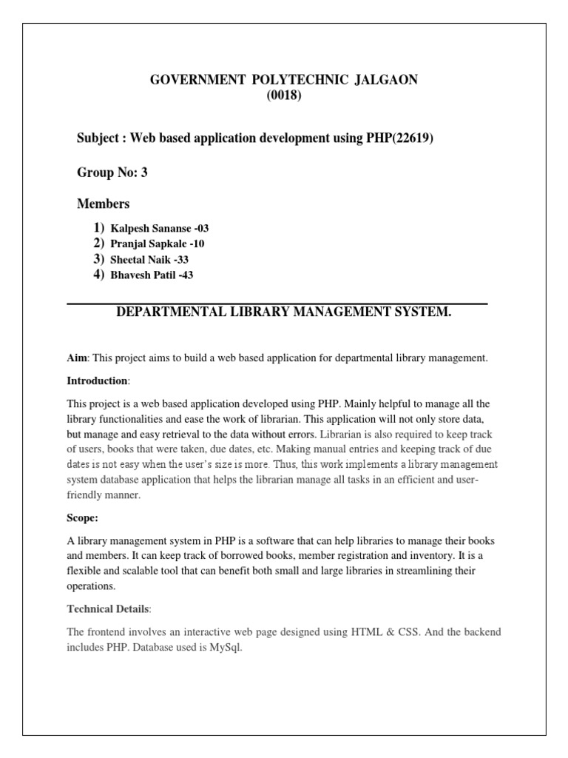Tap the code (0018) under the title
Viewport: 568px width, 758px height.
[283, 95]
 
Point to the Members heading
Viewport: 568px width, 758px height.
[104, 204]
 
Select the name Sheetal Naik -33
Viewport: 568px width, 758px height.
[150, 259]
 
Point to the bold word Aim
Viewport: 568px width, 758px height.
[77, 358]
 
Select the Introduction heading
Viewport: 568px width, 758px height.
[98, 380]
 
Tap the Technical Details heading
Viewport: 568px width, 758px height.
[108, 608]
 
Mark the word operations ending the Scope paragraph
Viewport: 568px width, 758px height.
[91, 586]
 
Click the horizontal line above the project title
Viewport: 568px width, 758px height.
[277, 303]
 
